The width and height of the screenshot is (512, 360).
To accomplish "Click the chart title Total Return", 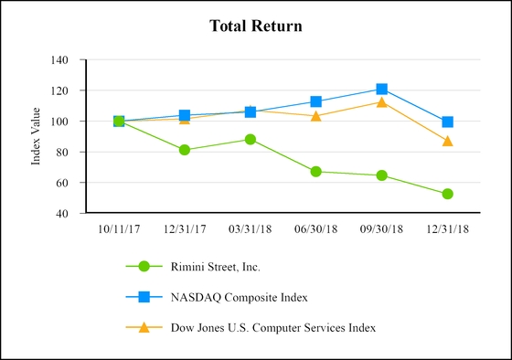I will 256,26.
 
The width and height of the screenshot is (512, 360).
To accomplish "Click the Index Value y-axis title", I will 37,137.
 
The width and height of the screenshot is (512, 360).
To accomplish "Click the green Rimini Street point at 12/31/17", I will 185,150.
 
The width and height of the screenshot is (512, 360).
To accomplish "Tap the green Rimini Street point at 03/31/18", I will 250,139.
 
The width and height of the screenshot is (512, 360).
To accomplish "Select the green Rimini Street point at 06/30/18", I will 315,171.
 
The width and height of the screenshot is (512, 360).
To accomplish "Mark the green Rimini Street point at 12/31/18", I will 447,194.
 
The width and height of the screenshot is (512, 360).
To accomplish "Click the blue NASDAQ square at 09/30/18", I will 381,90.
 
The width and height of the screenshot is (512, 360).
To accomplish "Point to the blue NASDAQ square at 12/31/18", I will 447,122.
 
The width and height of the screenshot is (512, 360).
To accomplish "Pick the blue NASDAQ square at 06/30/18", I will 315,102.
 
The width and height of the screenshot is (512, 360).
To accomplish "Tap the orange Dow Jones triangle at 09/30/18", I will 381,102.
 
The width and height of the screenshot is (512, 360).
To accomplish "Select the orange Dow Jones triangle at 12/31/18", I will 447,141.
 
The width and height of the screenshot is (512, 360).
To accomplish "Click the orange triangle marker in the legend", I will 143,326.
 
